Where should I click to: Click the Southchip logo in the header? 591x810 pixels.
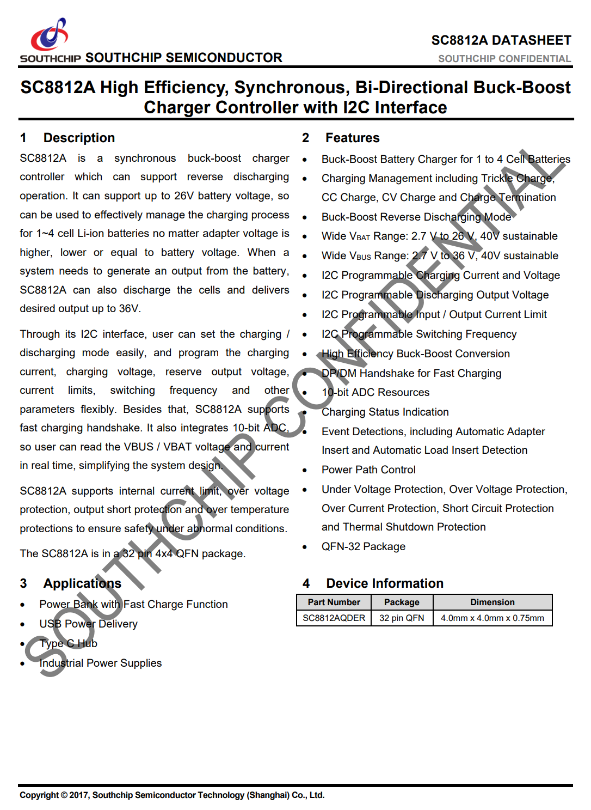point(50,38)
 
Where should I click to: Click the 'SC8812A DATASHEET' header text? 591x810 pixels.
point(501,40)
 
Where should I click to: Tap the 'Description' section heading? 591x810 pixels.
point(79,138)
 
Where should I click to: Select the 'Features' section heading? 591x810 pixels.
point(352,138)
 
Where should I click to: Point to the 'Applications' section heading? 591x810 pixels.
point(82,583)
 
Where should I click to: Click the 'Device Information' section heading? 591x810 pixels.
point(384,583)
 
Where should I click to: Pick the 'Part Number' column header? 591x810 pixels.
point(334,602)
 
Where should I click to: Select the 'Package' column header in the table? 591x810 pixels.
point(402,602)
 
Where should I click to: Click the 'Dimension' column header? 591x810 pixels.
point(492,602)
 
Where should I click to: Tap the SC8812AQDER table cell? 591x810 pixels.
point(334,618)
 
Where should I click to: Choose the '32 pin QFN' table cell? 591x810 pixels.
point(402,618)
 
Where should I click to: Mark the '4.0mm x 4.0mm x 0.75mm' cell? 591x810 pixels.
point(492,618)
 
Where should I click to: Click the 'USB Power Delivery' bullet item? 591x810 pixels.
point(88,624)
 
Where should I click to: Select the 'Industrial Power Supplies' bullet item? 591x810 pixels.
point(100,663)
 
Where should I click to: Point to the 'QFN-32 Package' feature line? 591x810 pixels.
point(363,546)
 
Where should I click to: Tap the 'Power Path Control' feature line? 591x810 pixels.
point(368,470)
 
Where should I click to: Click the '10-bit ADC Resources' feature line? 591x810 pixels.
point(375,392)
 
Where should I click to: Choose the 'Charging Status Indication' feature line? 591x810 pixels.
point(385,412)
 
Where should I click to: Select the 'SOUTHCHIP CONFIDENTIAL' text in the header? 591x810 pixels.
point(504,59)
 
